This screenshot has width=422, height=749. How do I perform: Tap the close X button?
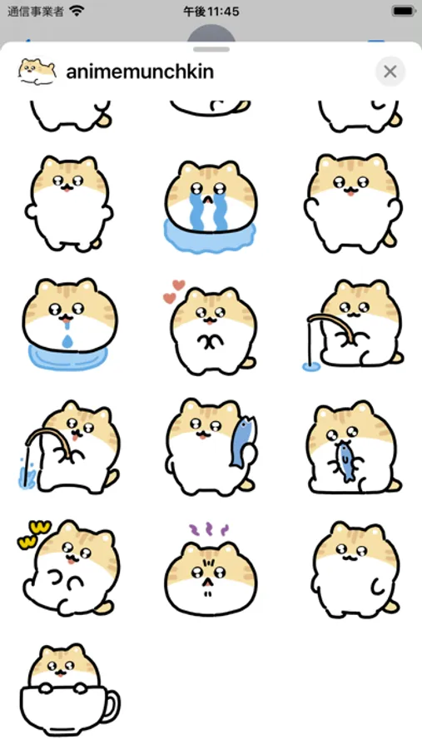pos(390,72)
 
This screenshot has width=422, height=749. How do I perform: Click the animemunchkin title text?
pos(140,72)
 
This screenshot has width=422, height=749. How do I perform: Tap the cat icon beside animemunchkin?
pos(37,72)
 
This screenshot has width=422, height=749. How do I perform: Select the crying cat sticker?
pos(211,206)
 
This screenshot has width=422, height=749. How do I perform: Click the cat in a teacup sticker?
pos(69,689)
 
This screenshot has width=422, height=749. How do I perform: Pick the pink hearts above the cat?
pos(174,291)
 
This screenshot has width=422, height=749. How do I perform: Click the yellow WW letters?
pos(34,534)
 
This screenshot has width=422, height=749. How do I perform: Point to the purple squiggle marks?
pos(209,529)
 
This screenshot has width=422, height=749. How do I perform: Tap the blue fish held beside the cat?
pos(242,441)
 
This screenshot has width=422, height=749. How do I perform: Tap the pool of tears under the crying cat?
pos(210,237)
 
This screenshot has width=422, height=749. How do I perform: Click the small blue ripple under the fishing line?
pos(309,367)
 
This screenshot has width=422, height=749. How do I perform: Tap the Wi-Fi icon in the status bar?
pos(76,12)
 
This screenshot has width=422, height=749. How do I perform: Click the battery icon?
pos(403,12)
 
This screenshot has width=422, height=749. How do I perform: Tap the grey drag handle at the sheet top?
pos(211,49)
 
